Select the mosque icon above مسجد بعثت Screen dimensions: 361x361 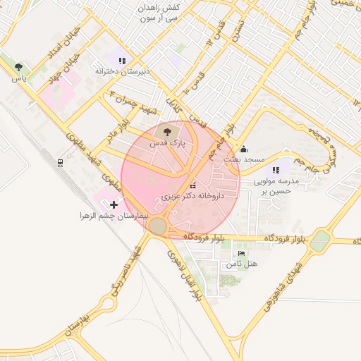tap(243, 149)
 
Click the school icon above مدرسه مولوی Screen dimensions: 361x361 tap(276, 170)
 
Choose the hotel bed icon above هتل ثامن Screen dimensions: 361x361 tap(242, 253)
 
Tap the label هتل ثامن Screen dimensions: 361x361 tap(242, 264)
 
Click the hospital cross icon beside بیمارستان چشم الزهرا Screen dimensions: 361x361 tap(114, 204)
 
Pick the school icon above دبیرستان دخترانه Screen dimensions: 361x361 tap(122, 61)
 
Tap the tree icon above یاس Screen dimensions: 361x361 tap(18, 67)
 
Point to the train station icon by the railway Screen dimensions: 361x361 tap(61, 163)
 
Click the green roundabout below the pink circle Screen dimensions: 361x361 tap(158, 226)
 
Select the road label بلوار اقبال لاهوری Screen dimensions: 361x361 tap(187, 274)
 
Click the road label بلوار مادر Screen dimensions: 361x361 tap(116, 135)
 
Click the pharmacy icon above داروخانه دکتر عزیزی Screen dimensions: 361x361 tap(192, 185)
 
